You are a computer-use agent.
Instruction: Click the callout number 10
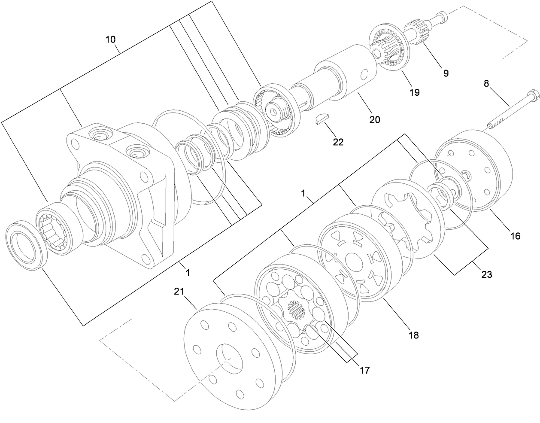click(110, 40)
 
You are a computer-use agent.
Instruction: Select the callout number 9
click(446, 73)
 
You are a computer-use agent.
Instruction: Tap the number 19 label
click(415, 92)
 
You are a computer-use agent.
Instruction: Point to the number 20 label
click(375, 120)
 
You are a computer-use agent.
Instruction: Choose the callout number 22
click(338, 142)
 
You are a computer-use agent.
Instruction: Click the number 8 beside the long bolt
click(486, 84)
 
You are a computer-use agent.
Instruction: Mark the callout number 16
click(515, 235)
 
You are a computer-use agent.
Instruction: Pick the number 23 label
click(487, 274)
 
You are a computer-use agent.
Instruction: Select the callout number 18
click(414, 335)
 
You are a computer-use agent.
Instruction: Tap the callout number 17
click(364, 369)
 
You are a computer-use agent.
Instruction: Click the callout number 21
click(179, 292)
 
